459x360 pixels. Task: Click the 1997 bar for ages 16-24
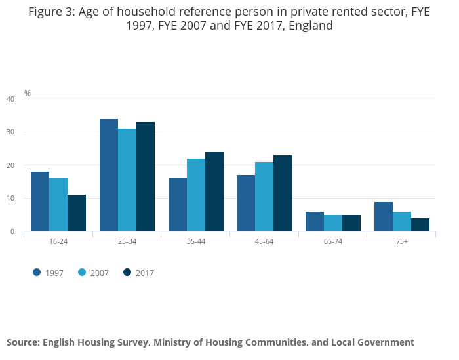tap(40, 201)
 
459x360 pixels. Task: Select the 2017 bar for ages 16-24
tap(77, 213)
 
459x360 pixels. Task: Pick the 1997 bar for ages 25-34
tap(109, 175)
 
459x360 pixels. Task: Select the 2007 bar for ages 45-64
tap(264, 197)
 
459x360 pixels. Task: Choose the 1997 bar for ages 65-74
tap(315, 222)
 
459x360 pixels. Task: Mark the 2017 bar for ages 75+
tap(420, 225)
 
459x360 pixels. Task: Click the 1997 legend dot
tap(37, 272)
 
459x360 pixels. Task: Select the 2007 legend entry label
tap(100, 273)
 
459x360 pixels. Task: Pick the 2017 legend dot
tap(127, 272)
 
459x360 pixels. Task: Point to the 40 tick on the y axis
tap(10, 99)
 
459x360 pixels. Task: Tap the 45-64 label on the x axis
tap(264, 242)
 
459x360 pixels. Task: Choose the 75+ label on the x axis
tap(401, 242)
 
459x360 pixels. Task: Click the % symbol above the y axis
tap(28, 94)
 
